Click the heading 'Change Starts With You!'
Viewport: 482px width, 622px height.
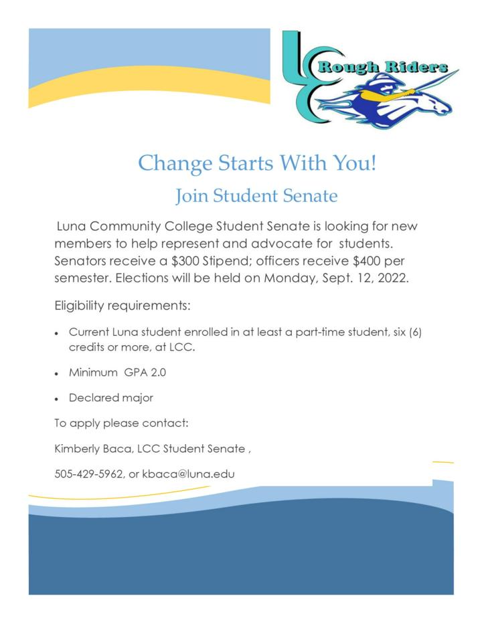click(x=257, y=163)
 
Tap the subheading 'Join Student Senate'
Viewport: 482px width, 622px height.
click(x=256, y=196)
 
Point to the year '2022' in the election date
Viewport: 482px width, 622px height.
click(x=393, y=278)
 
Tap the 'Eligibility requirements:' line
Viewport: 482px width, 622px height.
click(x=123, y=306)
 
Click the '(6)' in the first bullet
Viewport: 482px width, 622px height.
click(x=414, y=332)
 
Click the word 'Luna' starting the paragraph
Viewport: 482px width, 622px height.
click(x=73, y=226)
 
